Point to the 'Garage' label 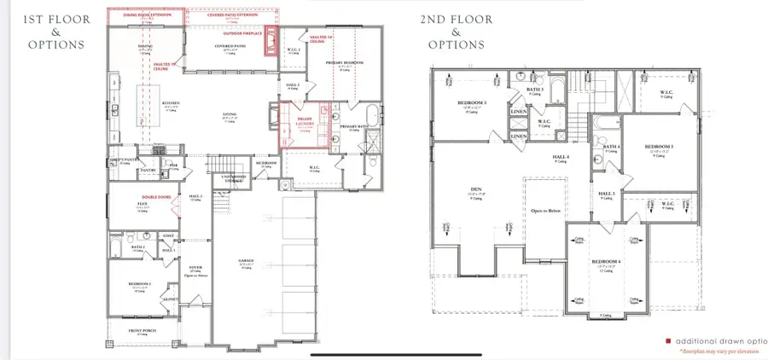(246, 261)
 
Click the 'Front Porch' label (141, 329)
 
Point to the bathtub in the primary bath (375, 115)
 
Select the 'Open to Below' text (544, 208)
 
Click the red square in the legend (667, 340)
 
